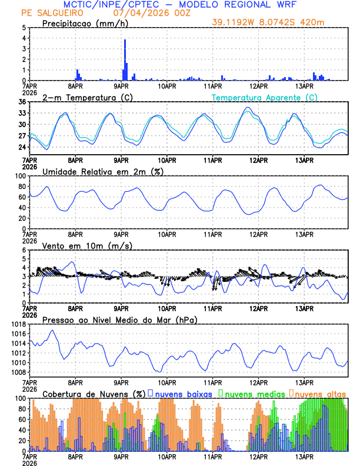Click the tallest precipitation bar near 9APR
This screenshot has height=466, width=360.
(125, 59)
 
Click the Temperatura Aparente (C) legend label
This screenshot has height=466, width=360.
(264, 97)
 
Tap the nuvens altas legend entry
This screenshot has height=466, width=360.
(321, 393)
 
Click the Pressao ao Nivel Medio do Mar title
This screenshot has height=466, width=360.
(119, 319)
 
